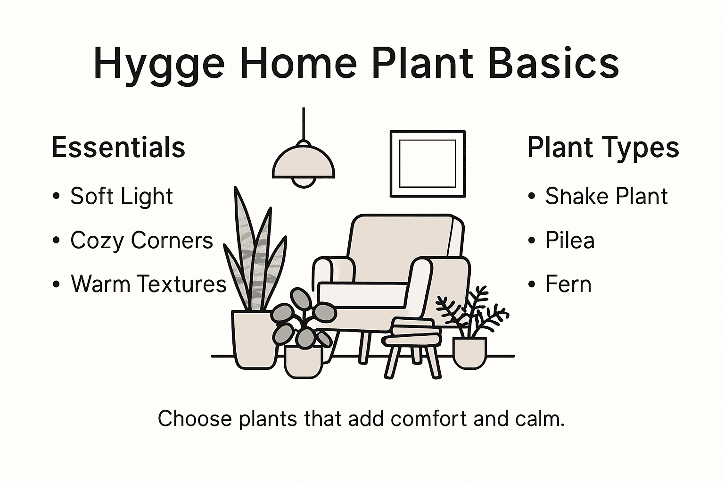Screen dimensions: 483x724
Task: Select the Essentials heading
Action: click(118, 147)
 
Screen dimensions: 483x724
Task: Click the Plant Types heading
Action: click(603, 147)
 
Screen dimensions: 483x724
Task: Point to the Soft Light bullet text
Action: click(122, 196)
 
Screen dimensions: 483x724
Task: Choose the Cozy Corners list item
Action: click(141, 240)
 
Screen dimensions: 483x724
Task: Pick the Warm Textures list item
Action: click(148, 284)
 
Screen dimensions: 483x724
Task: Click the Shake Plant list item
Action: click(606, 196)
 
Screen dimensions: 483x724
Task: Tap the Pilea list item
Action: click(570, 240)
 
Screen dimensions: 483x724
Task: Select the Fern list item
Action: click(568, 284)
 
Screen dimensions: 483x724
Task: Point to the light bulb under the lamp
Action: click(304, 182)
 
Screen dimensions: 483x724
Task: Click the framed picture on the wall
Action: click(428, 164)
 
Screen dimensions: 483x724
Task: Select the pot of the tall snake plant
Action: click(254, 339)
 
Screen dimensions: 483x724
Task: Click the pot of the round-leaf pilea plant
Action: click(303, 361)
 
